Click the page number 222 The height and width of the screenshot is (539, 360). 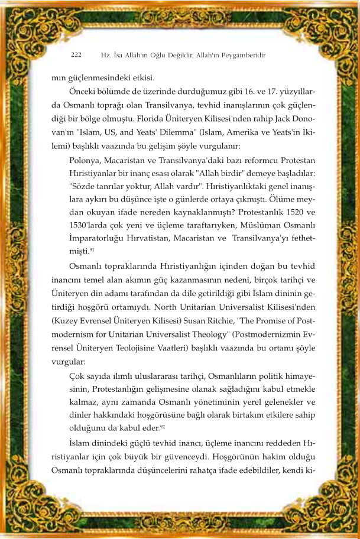(76, 55)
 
